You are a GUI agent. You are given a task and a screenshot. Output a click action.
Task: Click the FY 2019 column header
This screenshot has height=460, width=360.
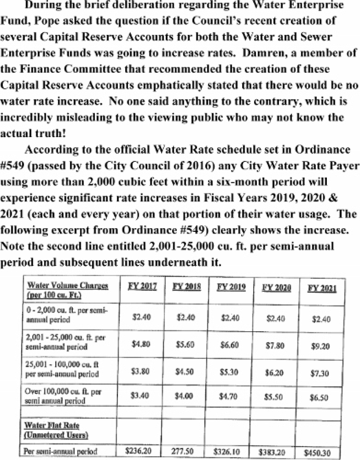(x=231, y=287)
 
